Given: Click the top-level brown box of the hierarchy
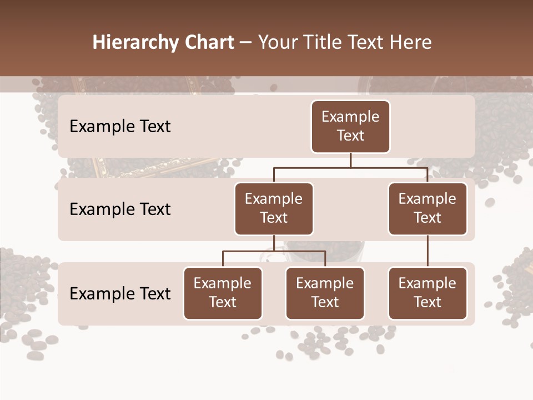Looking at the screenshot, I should point(350,126).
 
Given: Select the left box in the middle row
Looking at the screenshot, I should point(274,208).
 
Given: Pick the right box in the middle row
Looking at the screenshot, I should point(428,208).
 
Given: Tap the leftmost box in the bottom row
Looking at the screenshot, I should point(223,293).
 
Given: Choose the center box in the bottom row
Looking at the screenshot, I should point(325,293).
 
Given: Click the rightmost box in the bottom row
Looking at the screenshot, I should point(428,293).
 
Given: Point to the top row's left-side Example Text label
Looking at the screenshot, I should point(120,127).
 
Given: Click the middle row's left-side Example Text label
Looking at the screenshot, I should point(120,209).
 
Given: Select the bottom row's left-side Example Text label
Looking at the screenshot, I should point(120,293).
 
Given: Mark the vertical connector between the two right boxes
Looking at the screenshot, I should point(428,251).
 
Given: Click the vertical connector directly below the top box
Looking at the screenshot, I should point(350,160).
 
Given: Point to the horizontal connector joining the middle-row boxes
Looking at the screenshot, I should point(350,167).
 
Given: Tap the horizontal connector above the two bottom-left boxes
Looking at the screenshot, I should point(274,251).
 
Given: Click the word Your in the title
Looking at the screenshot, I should point(277,43).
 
